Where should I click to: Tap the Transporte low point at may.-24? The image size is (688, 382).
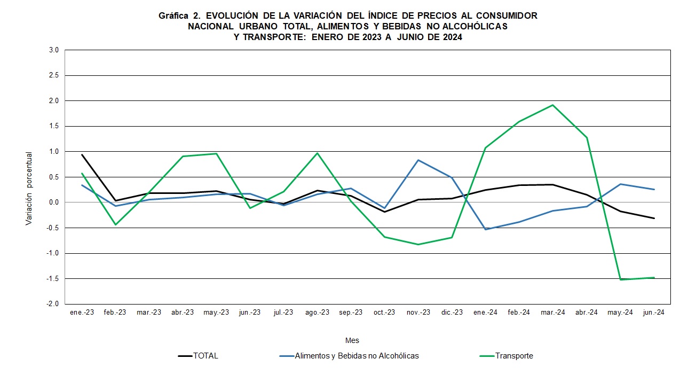click(x=620, y=279)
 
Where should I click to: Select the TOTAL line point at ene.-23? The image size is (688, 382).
click(x=82, y=154)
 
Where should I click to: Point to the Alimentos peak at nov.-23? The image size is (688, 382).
click(x=418, y=160)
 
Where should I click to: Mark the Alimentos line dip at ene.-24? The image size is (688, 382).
click(x=486, y=229)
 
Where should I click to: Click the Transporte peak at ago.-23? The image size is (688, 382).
click(x=317, y=153)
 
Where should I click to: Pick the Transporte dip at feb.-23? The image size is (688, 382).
click(x=115, y=225)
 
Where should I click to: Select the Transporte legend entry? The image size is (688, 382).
click(x=513, y=356)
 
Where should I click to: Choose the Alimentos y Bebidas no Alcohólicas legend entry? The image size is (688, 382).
click(x=357, y=356)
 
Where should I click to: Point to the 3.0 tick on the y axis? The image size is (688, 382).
click(x=54, y=50)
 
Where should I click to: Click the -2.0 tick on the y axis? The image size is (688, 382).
click(x=53, y=304)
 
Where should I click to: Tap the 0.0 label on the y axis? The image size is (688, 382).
click(x=54, y=202)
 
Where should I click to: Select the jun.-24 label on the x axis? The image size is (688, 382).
click(x=654, y=313)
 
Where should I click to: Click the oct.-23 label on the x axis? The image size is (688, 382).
click(x=384, y=313)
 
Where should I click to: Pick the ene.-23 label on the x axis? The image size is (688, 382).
click(x=82, y=313)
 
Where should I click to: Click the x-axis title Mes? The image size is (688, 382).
click(x=352, y=340)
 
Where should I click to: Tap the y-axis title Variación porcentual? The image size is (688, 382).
click(x=29, y=188)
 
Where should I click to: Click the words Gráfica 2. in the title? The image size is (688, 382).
click(x=179, y=16)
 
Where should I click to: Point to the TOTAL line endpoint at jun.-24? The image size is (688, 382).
click(x=654, y=218)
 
